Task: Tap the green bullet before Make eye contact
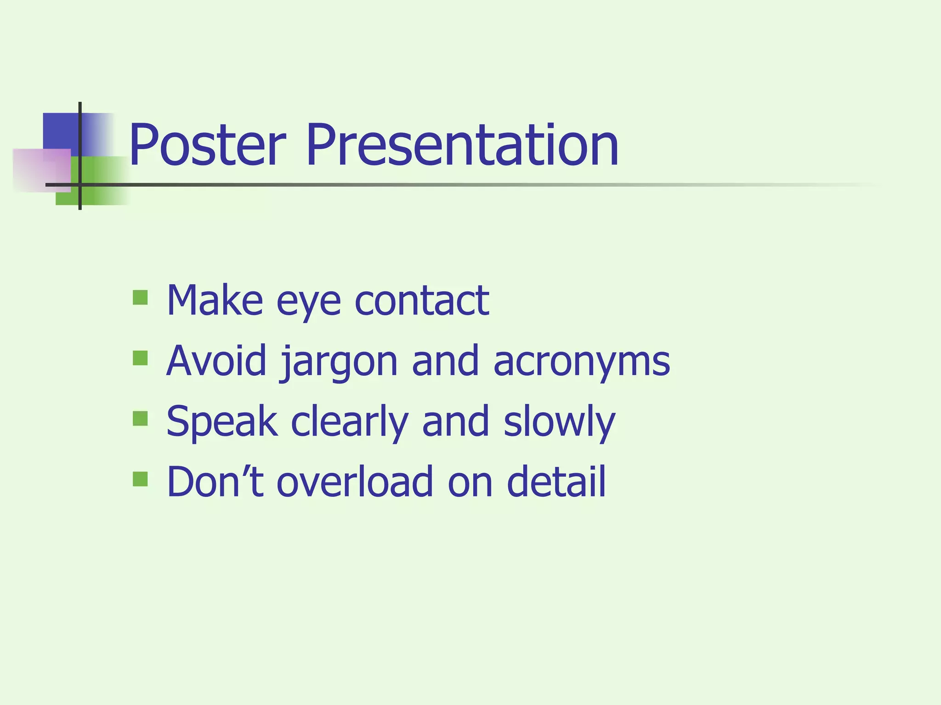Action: click(140, 297)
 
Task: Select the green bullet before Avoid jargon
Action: click(140, 358)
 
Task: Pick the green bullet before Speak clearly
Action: click(140, 419)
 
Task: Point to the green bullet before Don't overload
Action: click(140, 479)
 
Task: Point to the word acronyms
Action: click(581, 363)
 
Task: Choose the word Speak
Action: click(222, 422)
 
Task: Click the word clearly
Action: click(350, 422)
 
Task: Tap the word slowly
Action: click(559, 422)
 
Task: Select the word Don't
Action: click(215, 481)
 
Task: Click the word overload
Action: click(355, 481)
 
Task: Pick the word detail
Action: click(556, 481)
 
